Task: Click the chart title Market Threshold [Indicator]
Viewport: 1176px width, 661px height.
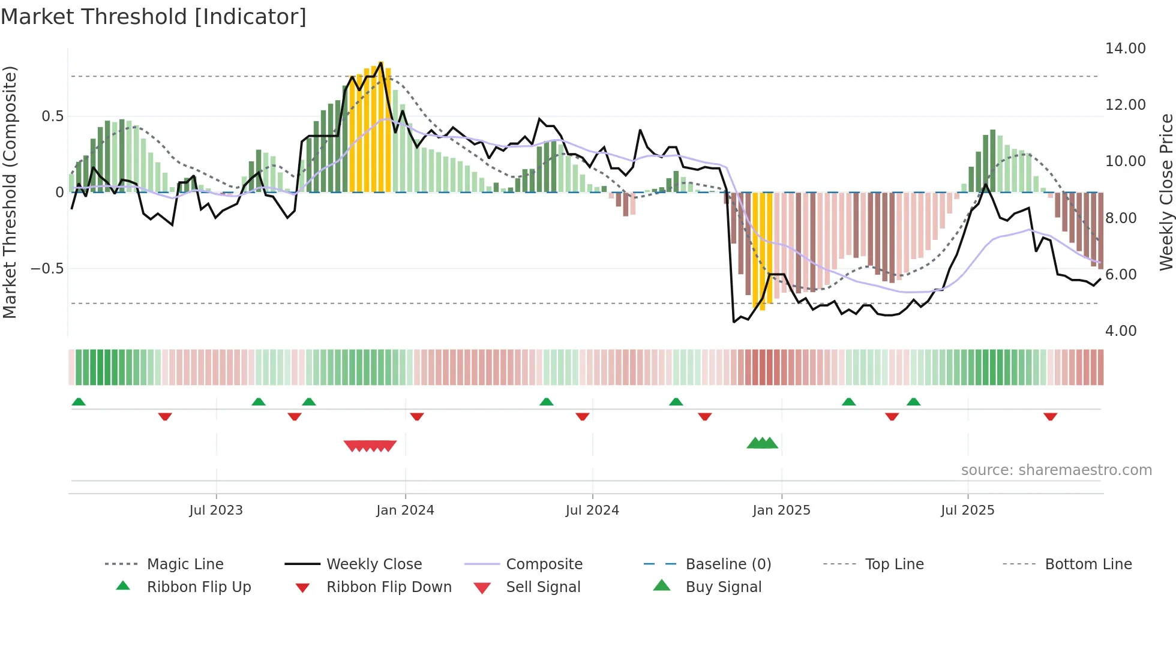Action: point(154,17)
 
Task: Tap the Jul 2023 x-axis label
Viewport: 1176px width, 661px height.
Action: point(216,510)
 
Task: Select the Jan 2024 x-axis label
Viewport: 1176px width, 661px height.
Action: point(405,510)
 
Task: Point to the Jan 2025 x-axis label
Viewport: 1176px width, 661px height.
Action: point(781,510)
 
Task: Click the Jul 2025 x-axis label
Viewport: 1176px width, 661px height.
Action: point(967,510)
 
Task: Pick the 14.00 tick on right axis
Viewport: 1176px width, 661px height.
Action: point(1125,49)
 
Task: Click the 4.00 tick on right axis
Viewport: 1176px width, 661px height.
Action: point(1120,331)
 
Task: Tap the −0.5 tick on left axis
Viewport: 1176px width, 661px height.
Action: point(47,269)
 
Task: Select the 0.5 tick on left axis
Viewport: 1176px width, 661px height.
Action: point(52,116)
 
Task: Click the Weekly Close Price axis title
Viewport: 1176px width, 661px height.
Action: point(1166,192)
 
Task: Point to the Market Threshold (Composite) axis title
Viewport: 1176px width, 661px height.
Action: point(10,192)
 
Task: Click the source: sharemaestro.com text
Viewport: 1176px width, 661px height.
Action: point(1056,470)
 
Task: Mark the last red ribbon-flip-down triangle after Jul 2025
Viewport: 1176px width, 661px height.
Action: point(1050,416)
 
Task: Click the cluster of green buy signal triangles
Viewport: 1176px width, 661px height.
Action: point(762,443)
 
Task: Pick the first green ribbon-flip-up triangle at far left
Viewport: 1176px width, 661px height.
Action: point(79,402)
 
